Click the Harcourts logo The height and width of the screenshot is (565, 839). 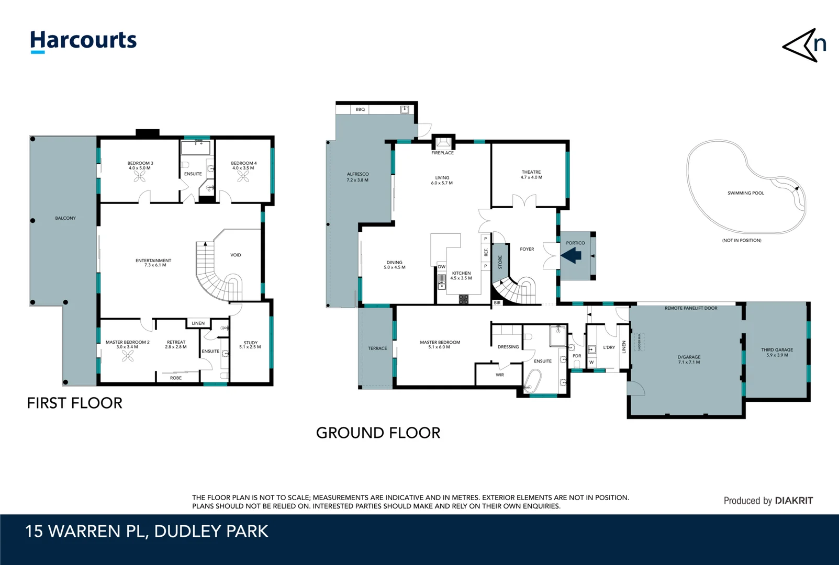(83, 41)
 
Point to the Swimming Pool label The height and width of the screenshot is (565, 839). (745, 193)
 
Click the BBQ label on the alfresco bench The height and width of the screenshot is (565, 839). (360, 109)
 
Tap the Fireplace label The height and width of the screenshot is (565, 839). (442, 153)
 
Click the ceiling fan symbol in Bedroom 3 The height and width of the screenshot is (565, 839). (140, 177)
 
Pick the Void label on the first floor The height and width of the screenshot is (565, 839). (236, 255)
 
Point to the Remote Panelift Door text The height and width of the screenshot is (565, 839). (690, 308)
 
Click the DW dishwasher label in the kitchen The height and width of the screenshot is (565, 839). (442, 267)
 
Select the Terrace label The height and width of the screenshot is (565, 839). (377, 348)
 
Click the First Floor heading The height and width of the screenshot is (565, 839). (74, 403)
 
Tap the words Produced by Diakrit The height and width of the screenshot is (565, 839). (768, 501)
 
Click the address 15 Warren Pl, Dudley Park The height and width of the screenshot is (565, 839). (147, 531)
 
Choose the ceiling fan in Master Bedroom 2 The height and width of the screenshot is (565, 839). (128, 356)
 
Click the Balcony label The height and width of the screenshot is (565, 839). (65, 218)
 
